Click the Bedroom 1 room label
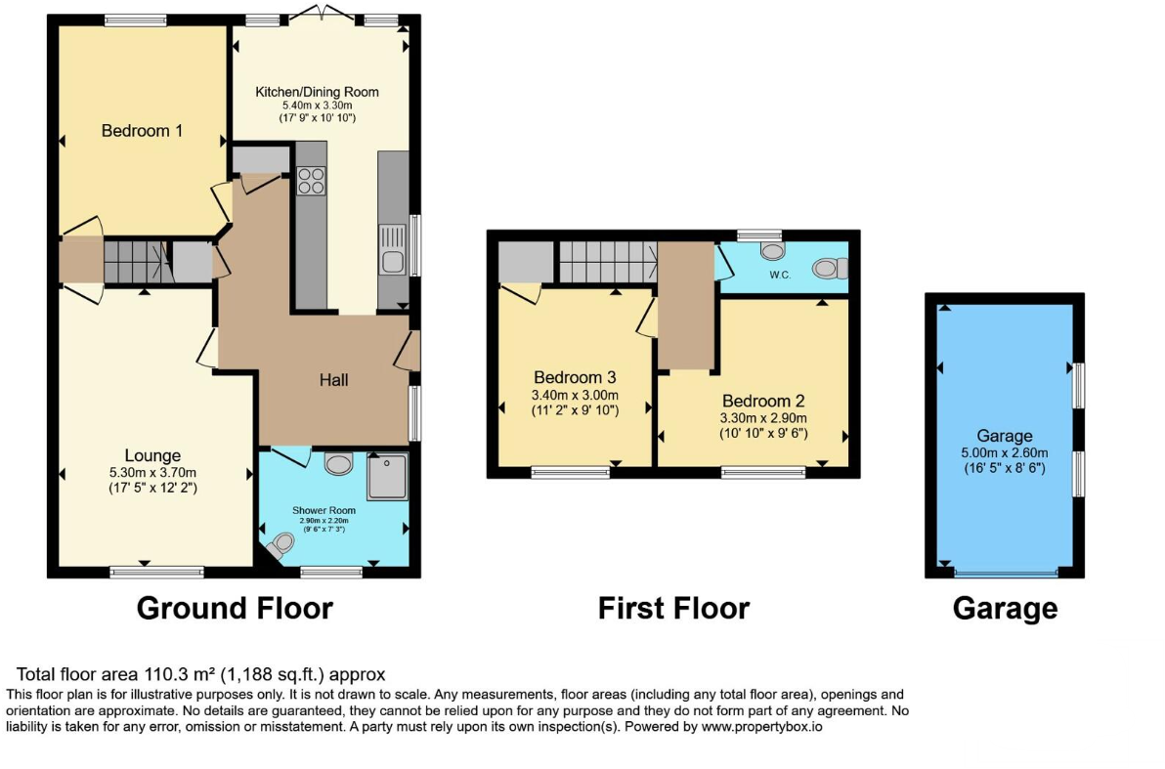(142, 131)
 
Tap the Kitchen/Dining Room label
(318, 92)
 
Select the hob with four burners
(312, 181)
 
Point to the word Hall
(333, 380)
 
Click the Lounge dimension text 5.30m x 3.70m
(153, 473)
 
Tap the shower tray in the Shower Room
(387, 476)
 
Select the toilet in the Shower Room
(280, 546)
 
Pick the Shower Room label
(324, 510)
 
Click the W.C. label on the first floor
(780, 275)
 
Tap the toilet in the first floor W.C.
(830, 268)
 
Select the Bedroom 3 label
(575, 377)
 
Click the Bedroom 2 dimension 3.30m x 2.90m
(763, 418)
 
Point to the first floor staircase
(608, 262)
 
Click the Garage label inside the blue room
(1005, 436)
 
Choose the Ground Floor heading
(235, 609)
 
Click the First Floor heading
(674, 609)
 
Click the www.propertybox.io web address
(761, 727)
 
